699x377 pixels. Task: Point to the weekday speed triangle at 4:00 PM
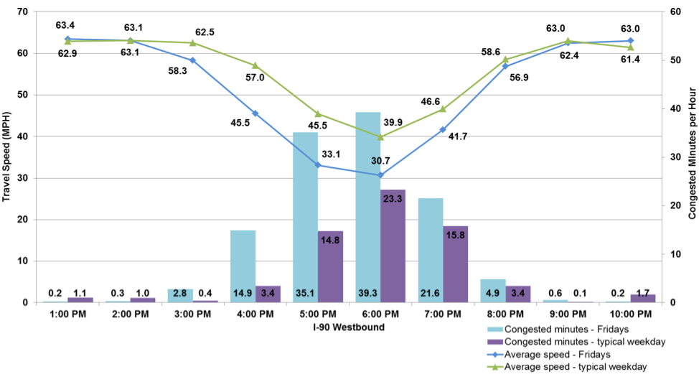pyautogui.click(x=255, y=65)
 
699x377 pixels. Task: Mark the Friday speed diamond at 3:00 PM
pyautogui.click(x=192, y=60)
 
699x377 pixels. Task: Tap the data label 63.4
pyautogui.click(x=67, y=27)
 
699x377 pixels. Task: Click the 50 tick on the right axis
pyautogui.click(x=670, y=60)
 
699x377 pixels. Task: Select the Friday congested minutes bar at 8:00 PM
pyautogui.click(x=492, y=290)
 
